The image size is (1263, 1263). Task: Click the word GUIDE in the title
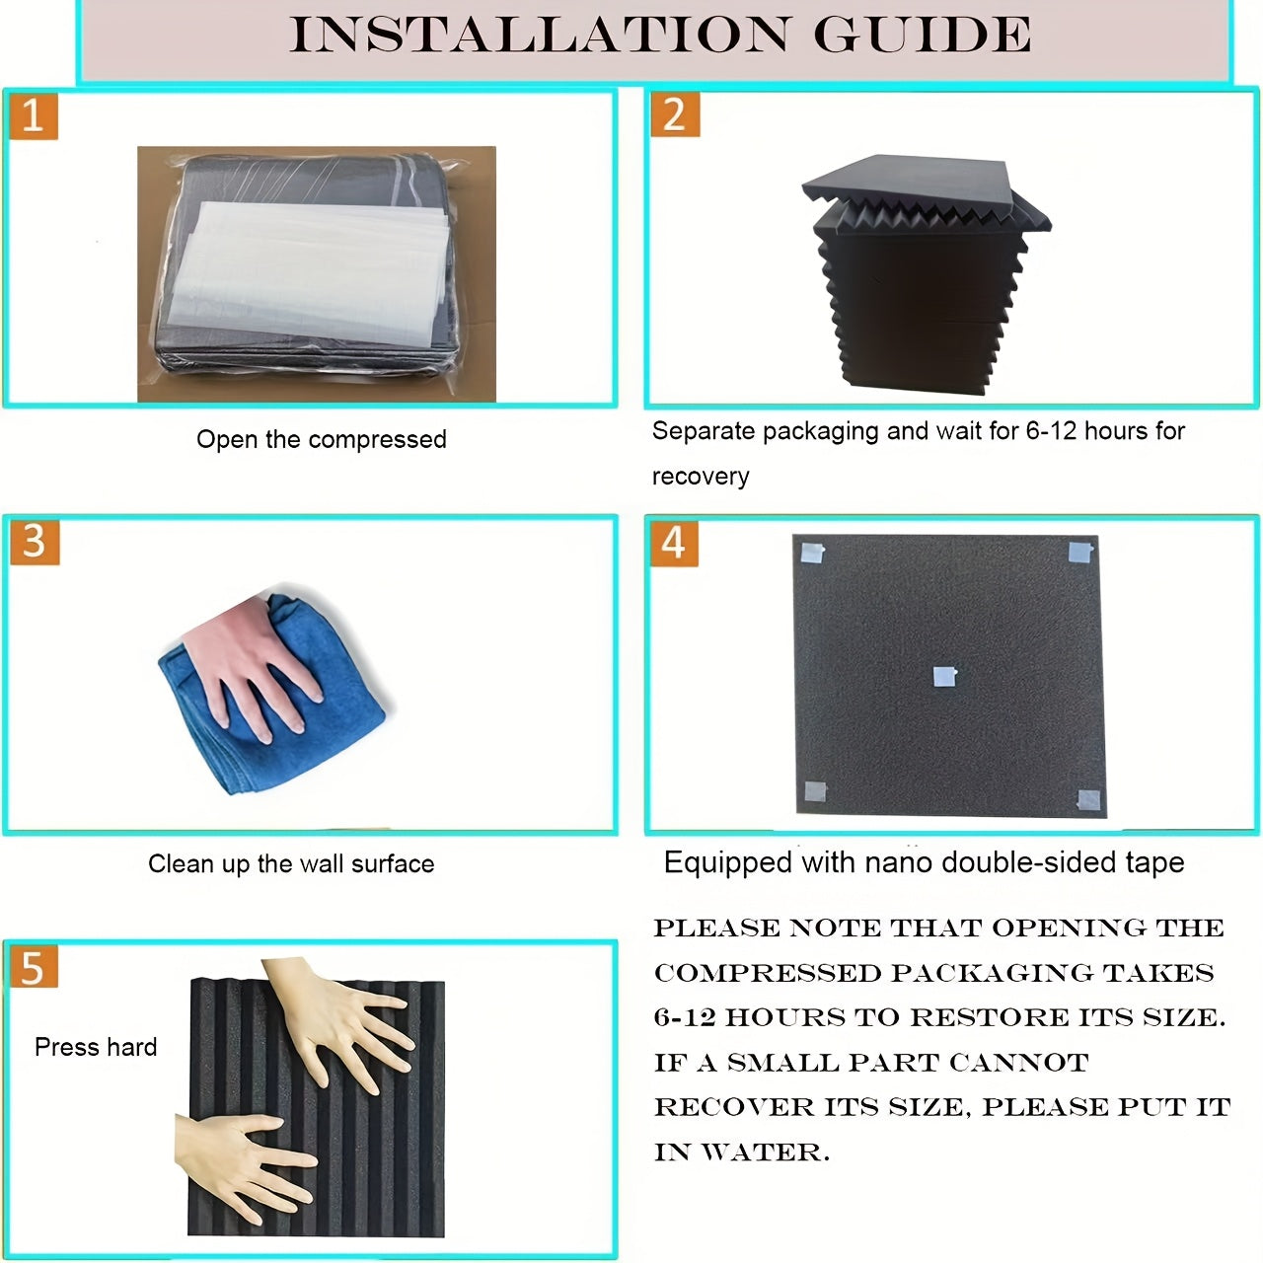point(923,35)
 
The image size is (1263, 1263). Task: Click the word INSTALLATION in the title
point(539,35)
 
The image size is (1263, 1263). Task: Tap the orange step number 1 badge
point(34,116)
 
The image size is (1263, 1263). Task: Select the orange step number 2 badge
point(675,114)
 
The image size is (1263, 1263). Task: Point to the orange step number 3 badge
point(35,542)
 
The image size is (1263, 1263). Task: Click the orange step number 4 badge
point(675,544)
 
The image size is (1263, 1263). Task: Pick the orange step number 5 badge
point(35,967)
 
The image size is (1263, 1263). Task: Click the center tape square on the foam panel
point(945,677)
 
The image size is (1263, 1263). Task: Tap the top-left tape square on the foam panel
point(813,554)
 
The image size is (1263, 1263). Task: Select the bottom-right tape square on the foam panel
point(1088,800)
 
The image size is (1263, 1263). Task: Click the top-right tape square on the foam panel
point(1081,552)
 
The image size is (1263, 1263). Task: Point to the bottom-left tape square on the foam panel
point(815,791)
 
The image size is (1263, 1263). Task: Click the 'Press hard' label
point(96,1047)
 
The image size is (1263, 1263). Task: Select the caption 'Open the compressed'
point(321,439)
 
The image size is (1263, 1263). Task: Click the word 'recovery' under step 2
point(700,477)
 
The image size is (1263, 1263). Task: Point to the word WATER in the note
point(765,1152)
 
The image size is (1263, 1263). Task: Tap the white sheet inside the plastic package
point(308,275)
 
